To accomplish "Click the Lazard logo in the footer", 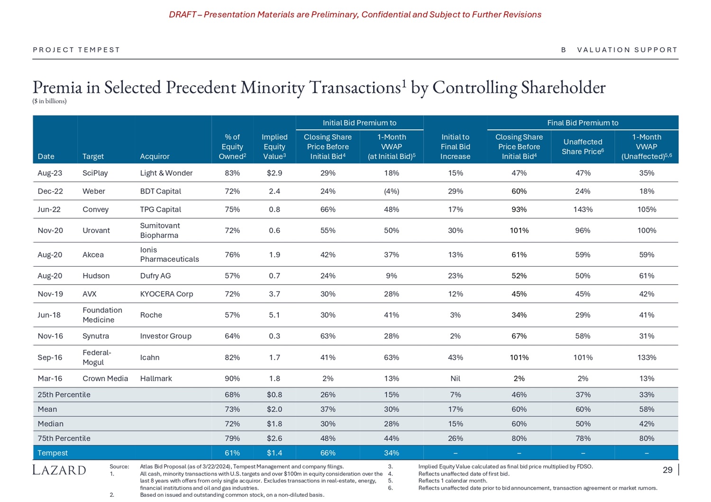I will coord(59,470).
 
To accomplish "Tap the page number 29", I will coord(667,470).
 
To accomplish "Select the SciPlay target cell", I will coord(95,173).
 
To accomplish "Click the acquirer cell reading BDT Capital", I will coord(161,191).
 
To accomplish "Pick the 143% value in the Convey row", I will coord(583,209).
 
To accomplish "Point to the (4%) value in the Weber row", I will coord(392,191).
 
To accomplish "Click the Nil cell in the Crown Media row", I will coord(455,378).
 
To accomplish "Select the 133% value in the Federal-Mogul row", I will coord(647,358).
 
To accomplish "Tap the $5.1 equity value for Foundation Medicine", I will coord(274,315).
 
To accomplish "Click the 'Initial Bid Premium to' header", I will coord(359,123).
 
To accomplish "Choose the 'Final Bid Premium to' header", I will coord(583,123).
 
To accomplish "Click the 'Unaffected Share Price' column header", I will coord(583,147).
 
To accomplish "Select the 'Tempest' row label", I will coord(53,453).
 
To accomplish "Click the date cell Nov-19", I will coord(50,294).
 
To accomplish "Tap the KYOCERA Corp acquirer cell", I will coord(166,294).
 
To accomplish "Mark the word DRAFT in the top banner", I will coord(182,15).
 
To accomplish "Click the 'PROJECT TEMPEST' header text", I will coord(76,50).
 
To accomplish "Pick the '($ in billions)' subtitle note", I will coord(49,101).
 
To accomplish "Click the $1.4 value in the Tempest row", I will coord(274,453).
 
